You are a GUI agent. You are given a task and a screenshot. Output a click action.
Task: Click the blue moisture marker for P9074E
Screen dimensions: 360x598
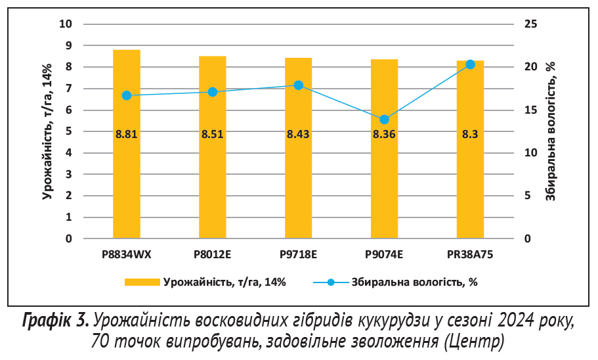point(385,120)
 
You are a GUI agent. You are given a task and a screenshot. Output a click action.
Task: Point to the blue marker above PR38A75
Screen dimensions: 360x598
point(470,64)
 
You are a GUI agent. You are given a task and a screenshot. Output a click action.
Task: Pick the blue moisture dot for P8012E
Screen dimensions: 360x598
point(213,92)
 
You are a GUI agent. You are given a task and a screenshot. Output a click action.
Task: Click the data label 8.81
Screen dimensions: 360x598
point(127,135)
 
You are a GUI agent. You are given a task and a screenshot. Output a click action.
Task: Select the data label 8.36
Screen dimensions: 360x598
point(385,135)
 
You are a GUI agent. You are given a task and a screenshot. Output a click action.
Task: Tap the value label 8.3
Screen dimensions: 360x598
point(470,135)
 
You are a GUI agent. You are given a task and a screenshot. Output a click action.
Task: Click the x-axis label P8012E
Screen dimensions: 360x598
point(213,254)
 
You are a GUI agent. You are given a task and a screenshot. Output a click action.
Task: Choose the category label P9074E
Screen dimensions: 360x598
point(385,254)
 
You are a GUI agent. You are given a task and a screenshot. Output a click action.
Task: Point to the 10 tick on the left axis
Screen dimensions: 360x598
point(65,24)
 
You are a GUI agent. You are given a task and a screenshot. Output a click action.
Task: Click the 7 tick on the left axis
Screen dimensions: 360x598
point(68,89)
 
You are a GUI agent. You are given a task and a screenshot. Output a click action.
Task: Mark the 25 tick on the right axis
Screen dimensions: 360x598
point(530,24)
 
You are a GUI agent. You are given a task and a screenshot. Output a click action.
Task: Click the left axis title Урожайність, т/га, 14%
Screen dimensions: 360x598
point(47,131)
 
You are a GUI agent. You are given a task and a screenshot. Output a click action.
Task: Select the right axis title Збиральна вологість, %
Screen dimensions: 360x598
point(551,131)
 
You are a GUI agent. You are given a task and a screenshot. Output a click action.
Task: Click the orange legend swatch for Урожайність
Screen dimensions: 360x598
point(142,282)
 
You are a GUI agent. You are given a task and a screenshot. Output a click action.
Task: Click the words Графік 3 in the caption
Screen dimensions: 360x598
point(55,321)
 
